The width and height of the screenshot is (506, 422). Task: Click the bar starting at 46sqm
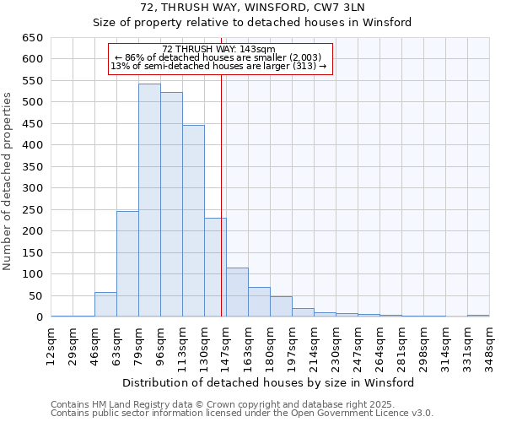tap(105, 305)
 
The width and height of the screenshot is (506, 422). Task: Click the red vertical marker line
tap(221, 211)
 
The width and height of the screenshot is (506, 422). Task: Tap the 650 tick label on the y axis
tap(32, 38)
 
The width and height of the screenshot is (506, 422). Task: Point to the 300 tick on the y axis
tap(32, 188)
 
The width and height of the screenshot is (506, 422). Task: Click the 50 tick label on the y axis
tap(35, 296)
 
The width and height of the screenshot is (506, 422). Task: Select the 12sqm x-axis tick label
tap(51, 344)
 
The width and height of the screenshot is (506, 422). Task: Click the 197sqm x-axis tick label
tap(292, 344)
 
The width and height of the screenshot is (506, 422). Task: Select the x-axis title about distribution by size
tap(268, 382)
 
